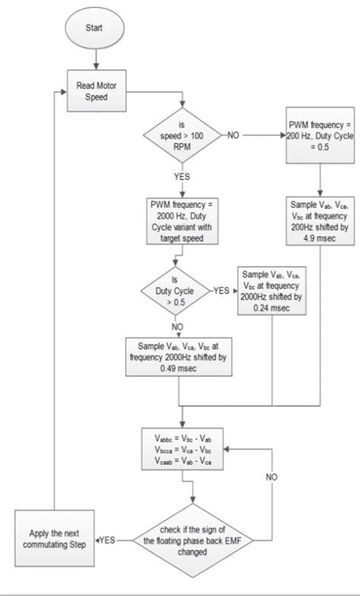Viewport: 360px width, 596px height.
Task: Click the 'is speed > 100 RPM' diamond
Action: pyautogui.click(x=182, y=136)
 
